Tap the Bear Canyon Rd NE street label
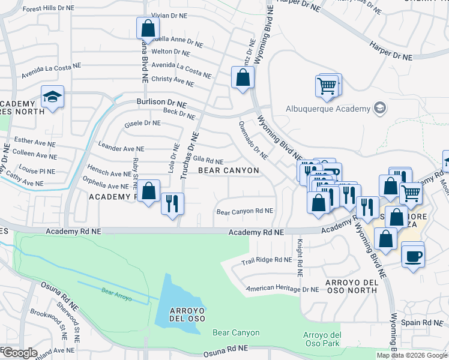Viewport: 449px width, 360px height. pos(244,211)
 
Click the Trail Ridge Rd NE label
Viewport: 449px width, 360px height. pos(266,260)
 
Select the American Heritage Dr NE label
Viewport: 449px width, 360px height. pos(283,289)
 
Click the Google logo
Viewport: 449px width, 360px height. pos(20,353)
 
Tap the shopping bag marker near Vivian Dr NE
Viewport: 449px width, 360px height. pos(148,28)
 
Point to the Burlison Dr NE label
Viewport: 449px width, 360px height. pos(161,103)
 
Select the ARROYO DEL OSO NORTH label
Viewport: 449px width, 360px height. pos(351,286)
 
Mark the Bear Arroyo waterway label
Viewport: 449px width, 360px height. pos(116,292)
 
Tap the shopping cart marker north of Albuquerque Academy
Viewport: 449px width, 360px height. pos(327,86)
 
